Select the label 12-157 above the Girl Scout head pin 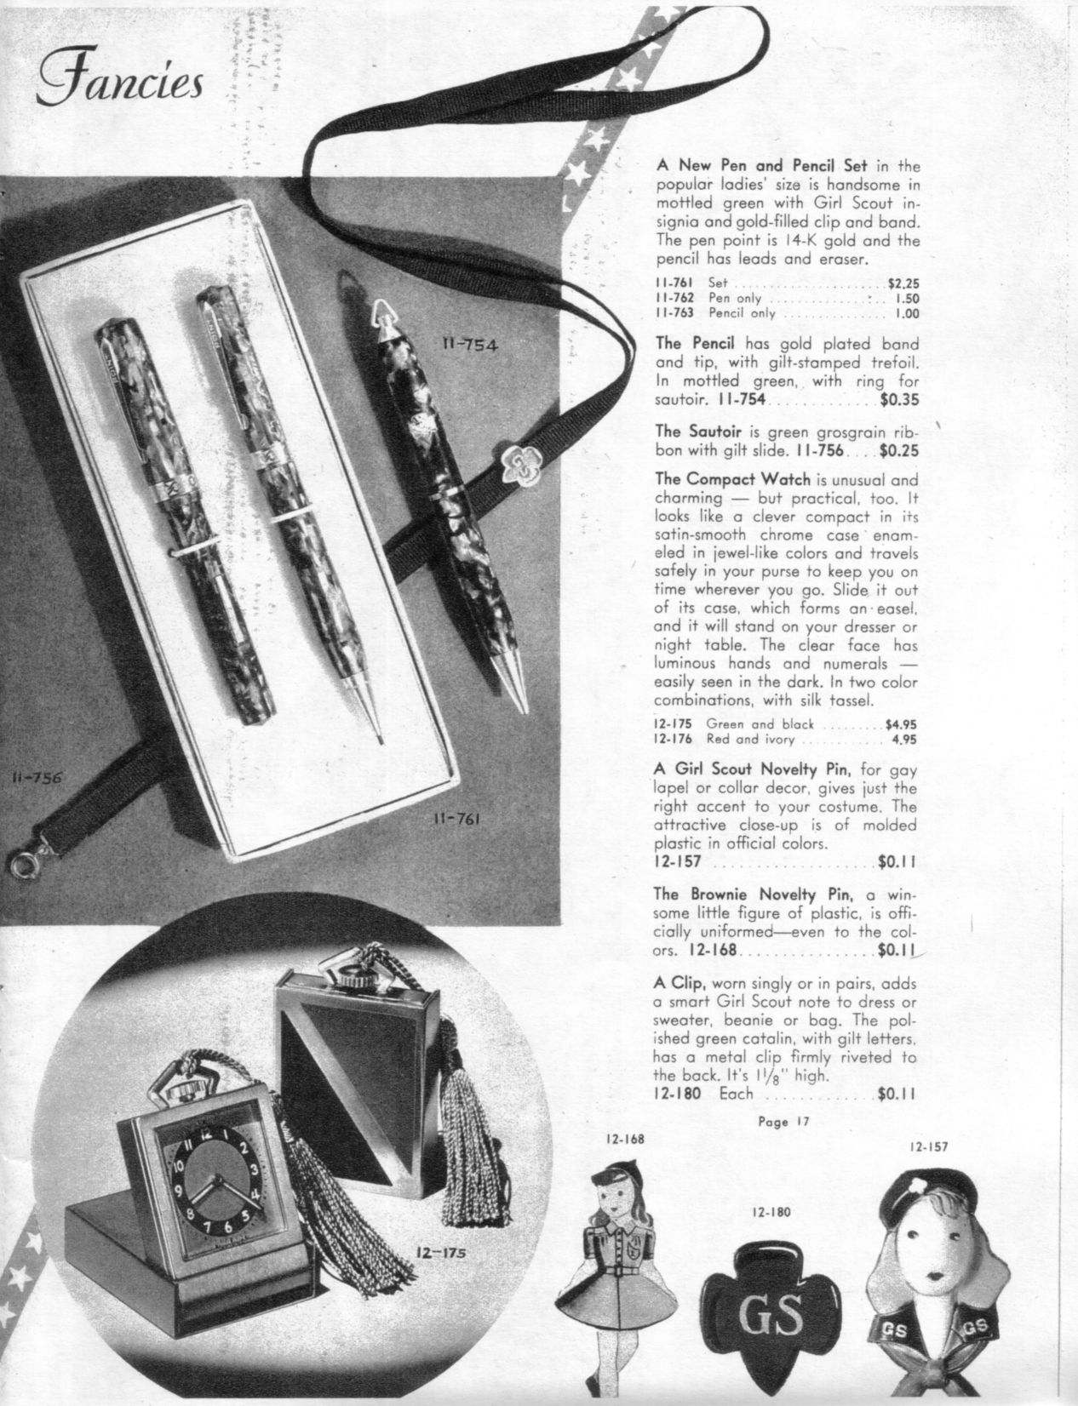[x=927, y=1146]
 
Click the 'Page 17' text [x=782, y=1121]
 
